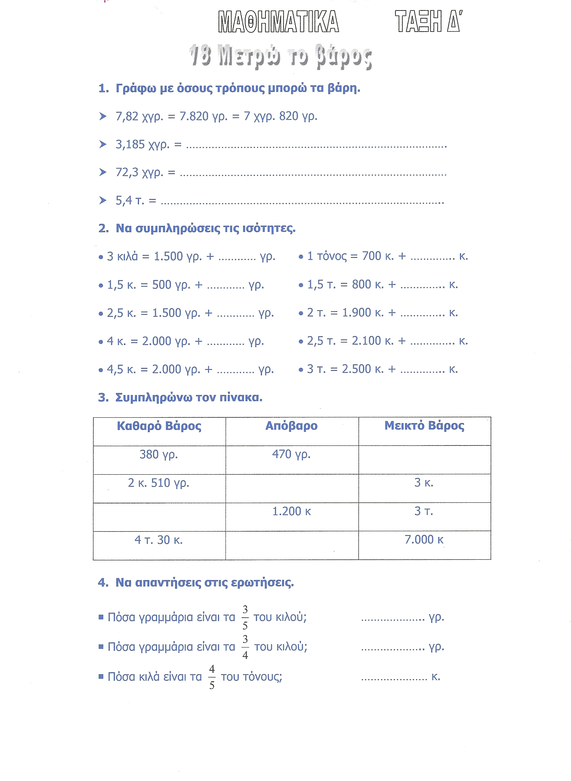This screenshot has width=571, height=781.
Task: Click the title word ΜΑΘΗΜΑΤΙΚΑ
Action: [x=278, y=22]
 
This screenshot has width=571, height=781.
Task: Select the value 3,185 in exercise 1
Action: [x=130, y=144]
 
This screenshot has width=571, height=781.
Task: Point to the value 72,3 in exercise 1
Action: [x=127, y=173]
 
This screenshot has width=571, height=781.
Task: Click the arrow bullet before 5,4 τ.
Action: [x=103, y=200]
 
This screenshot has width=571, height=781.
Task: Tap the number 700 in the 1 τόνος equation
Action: [x=372, y=256]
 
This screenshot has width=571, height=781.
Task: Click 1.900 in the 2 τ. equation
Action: [x=356, y=313]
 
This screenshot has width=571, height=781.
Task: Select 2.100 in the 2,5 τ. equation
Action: [x=366, y=341]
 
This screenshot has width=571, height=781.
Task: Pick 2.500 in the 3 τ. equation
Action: [x=356, y=369]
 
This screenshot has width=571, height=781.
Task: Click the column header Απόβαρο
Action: [x=291, y=426]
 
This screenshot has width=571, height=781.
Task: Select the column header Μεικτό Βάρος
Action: [x=424, y=426]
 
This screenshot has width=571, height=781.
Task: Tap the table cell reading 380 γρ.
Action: [x=159, y=455]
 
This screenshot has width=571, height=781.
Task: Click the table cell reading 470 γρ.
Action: [x=291, y=454]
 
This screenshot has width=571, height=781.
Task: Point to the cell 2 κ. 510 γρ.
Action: [x=158, y=483]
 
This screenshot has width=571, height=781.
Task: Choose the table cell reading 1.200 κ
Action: [x=291, y=511]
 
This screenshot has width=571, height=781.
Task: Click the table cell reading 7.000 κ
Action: [x=424, y=539]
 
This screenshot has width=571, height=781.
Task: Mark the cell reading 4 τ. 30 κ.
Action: [x=158, y=540]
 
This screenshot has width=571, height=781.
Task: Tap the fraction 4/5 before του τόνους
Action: [x=212, y=677]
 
